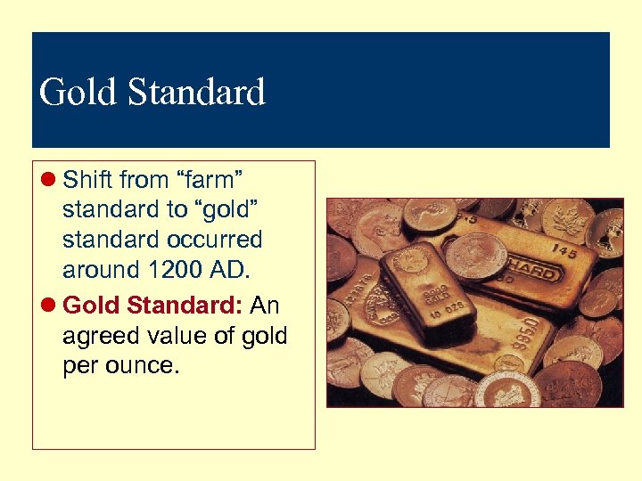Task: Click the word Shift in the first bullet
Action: (87, 180)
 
